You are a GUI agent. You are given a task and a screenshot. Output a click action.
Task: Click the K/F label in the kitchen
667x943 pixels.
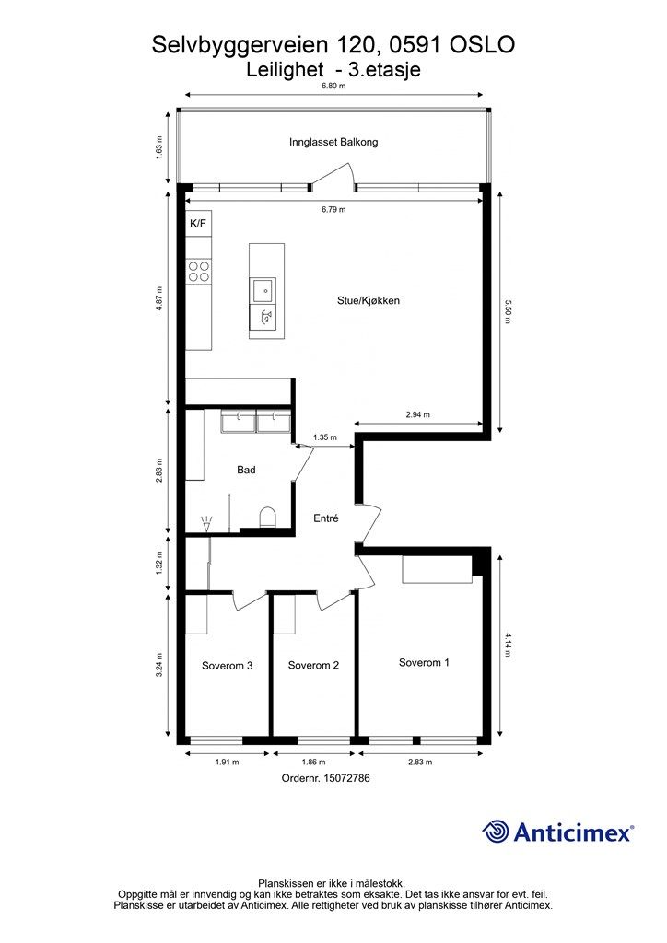[198, 224]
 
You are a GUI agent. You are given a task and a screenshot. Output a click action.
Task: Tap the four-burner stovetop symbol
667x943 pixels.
[198, 272]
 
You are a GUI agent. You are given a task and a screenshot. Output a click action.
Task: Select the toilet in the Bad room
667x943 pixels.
[267, 518]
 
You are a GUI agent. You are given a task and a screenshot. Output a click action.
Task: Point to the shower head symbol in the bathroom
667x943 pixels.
[207, 523]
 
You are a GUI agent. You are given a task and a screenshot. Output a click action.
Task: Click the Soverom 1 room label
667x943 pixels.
[424, 663]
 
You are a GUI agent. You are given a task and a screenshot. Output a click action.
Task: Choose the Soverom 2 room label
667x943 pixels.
[313, 665]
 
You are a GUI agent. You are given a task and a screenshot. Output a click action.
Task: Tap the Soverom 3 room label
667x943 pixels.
[227, 666]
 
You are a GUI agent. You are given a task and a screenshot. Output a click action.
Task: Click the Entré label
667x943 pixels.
[326, 518]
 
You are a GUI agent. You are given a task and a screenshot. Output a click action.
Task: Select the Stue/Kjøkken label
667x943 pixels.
[369, 301]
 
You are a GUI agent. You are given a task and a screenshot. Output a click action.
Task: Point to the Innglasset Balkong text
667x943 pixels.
[333, 143]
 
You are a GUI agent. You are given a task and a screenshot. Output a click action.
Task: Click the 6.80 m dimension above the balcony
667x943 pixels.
[333, 86]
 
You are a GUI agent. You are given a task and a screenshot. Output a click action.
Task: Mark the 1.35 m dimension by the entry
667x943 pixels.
[325, 437]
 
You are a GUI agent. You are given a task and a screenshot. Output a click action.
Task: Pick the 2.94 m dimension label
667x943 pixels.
[418, 414]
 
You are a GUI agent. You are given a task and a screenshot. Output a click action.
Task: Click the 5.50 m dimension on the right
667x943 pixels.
[507, 311]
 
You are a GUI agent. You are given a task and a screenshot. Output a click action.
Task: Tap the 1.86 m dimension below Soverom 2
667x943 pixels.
[313, 762]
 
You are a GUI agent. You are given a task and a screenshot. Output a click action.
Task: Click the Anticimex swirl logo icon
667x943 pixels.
[495, 832]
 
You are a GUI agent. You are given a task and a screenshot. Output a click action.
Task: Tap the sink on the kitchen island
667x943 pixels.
[263, 291]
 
